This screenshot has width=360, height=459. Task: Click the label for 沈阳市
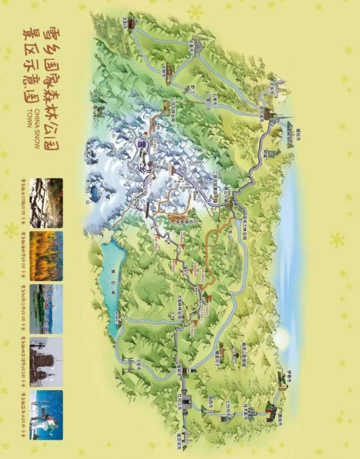124,24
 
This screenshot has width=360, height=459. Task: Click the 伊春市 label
292,371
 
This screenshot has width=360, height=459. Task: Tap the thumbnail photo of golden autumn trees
46,256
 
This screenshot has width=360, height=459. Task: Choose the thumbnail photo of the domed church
46,362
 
